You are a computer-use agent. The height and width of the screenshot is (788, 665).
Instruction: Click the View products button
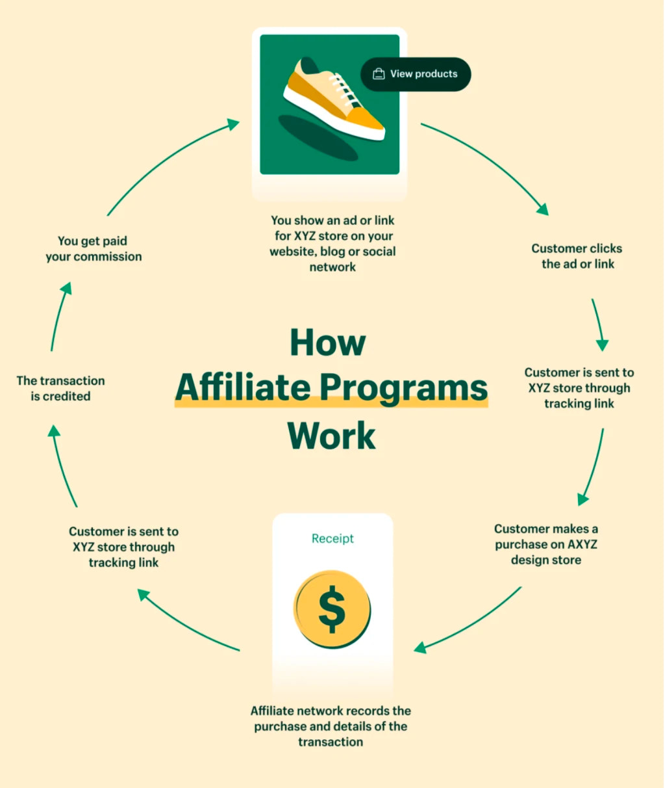tap(416, 74)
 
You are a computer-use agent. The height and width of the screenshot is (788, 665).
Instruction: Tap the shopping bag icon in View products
tap(379, 74)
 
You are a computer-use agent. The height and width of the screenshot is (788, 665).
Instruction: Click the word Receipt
tap(332, 538)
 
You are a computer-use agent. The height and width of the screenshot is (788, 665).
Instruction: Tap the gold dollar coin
tap(332, 609)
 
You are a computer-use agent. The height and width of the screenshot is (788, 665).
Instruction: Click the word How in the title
tap(328, 342)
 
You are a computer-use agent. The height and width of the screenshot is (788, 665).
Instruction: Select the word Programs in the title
tap(403, 387)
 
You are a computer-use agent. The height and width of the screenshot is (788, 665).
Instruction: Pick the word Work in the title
tap(331, 435)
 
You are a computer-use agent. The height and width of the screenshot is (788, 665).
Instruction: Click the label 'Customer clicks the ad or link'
tap(577, 256)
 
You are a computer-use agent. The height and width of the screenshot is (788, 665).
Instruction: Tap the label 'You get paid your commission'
tap(94, 249)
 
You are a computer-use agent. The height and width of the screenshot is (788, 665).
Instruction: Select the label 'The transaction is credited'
tap(60, 388)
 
